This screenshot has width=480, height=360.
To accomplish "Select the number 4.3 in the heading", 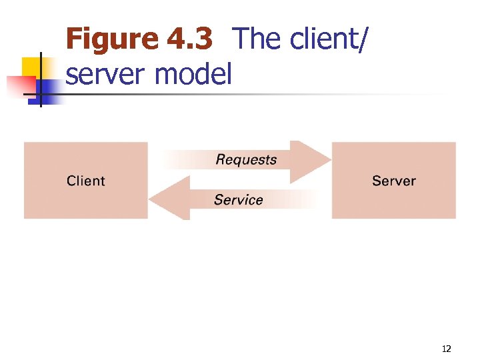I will [x=189, y=39].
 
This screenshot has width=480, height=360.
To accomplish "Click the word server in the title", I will [x=107, y=74].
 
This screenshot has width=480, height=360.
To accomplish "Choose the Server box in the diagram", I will [x=393, y=200].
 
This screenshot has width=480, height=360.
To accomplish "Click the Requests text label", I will [x=246, y=160].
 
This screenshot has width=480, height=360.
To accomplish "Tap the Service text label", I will [x=238, y=199].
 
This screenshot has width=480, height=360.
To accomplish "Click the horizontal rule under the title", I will [x=267, y=95].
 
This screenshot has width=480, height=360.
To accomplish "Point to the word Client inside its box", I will [x=86, y=181].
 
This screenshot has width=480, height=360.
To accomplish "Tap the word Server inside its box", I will [x=393, y=181].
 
